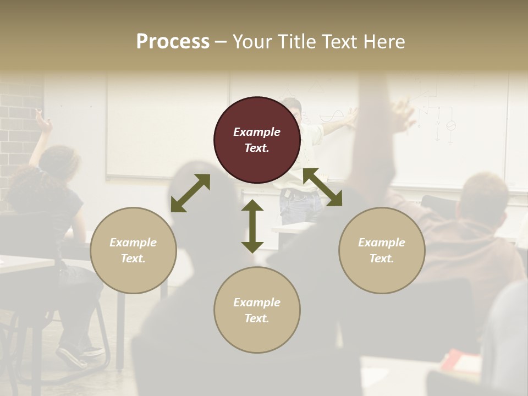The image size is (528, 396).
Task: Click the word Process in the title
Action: pos(173,42)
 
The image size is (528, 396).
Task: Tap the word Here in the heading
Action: pos(383,42)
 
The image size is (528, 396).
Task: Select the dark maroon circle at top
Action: pos(257,140)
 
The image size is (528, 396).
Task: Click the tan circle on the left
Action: pos(133,250)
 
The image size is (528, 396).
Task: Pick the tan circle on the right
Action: pos(382,250)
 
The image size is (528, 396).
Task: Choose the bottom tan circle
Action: pos(257,310)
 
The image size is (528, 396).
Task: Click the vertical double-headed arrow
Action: pos(252,226)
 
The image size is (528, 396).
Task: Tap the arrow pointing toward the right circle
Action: pos(322,187)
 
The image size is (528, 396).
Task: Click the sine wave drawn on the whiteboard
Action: pos(329,117)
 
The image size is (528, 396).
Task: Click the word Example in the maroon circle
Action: pos(257,132)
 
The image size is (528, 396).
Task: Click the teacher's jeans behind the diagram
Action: pos(300,206)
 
